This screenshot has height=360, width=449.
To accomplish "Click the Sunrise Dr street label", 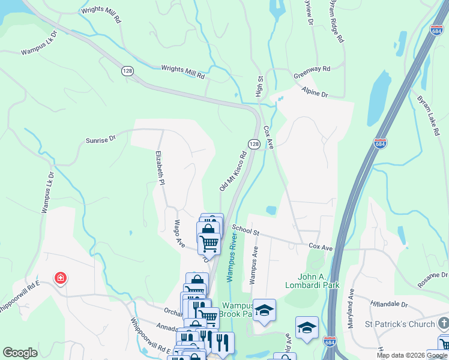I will tap(100, 140).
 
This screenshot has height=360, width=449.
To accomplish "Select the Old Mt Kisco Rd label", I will tap(234, 171).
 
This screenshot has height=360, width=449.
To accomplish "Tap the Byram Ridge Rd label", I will tap(336, 21).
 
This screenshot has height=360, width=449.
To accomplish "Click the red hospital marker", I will tap(60, 278).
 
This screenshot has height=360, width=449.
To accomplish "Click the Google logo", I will tap(20, 353).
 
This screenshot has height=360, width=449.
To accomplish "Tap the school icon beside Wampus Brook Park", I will tap(264, 310).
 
